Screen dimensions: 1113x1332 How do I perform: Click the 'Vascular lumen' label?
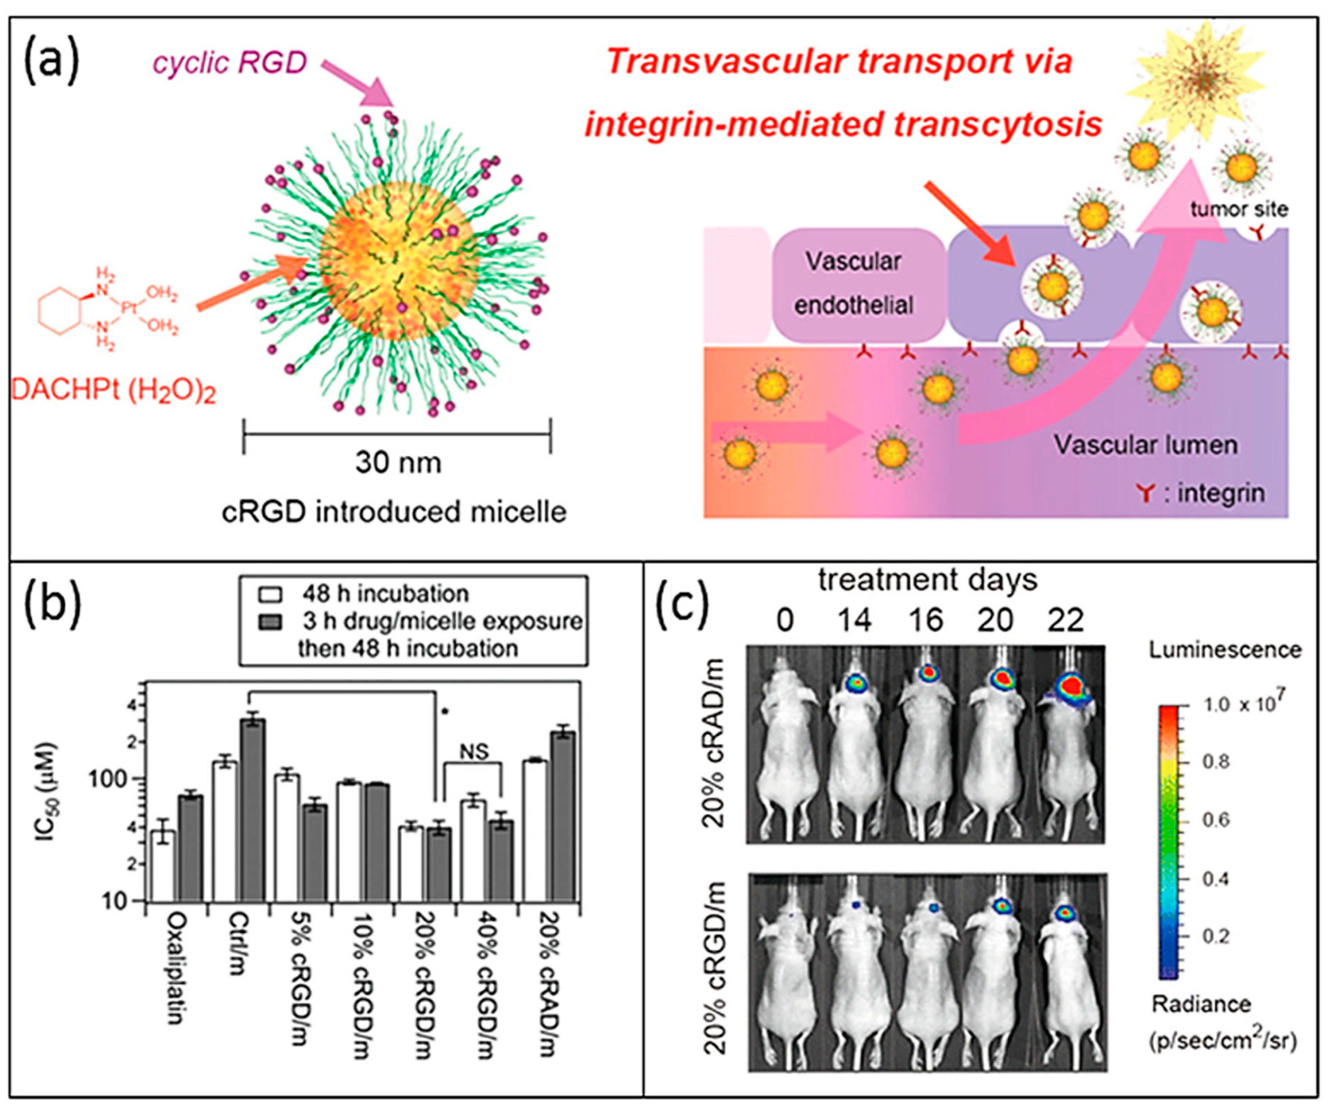tap(1145, 445)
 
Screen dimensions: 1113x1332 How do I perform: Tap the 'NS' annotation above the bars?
tap(474, 752)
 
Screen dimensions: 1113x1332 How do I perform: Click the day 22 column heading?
tap(1065, 620)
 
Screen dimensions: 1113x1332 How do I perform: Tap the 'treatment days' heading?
tap(927, 579)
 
